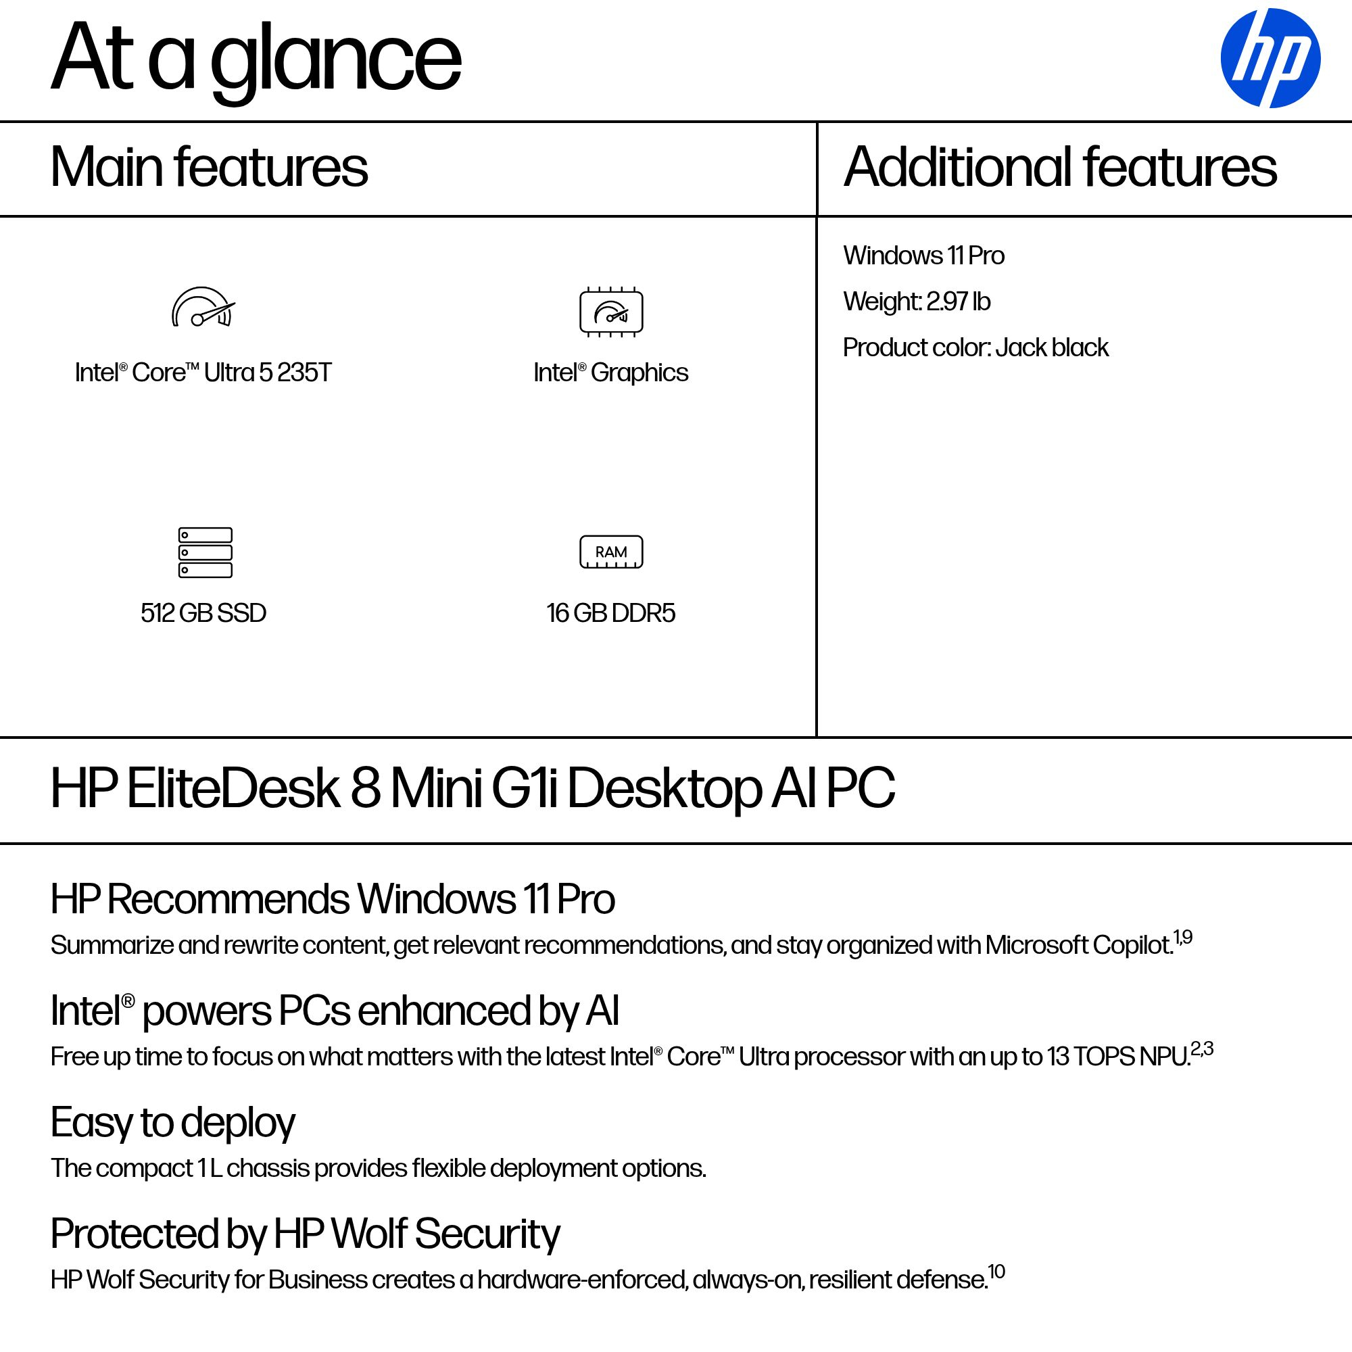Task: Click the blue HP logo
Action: click(x=1270, y=58)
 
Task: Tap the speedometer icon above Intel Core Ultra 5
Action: click(x=203, y=308)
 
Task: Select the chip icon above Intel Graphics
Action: click(x=611, y=312)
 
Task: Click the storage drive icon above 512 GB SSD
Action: click(x=205, y=552)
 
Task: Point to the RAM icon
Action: click(x=611, y=552)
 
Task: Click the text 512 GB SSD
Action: click(x=203, y=613)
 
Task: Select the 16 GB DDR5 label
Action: click(x=611, y=613)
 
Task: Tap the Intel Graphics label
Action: click(x=611, y=372)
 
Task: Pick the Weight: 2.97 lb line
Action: click(x=916, y=301)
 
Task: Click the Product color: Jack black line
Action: click(x=975, y=347)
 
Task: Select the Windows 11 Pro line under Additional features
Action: click(x=923, y=256)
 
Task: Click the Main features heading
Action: click(x=208, y=167)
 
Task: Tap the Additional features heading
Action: click(x=1060, y=167)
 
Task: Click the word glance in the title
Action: click(x=336, y=59)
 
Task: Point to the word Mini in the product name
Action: click(x=436, y=789)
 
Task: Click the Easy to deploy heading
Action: click(x=173, y=1122)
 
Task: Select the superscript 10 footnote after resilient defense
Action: click(x=996, y=1271)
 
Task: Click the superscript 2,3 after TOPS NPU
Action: click(x=1202, y=1048)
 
